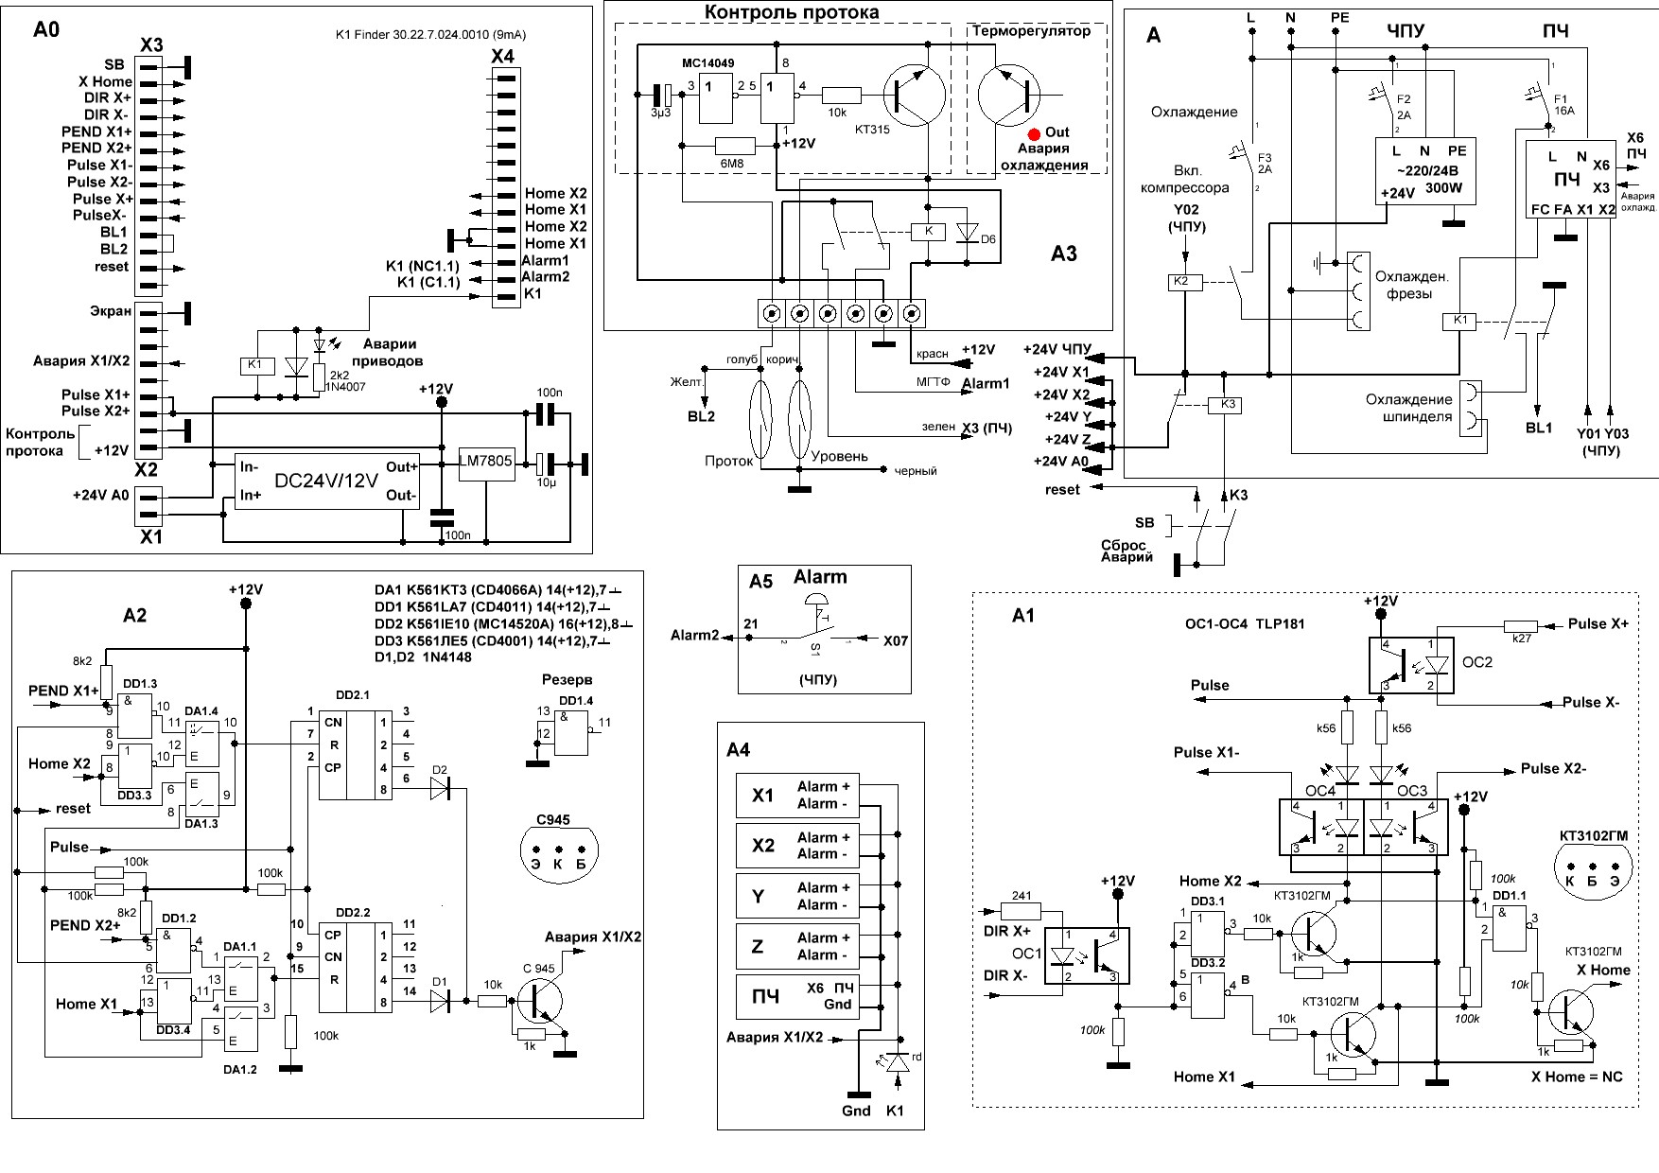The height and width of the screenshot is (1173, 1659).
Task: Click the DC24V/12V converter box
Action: (x=326, y=481)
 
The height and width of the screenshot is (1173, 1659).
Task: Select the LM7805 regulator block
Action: (x=485, y=462)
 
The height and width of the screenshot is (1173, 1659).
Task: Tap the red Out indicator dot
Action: (x=1035, y=133)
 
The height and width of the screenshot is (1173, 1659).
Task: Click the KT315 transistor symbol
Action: (x=914, y=95)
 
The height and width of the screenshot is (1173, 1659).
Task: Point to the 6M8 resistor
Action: (x=735, y=146)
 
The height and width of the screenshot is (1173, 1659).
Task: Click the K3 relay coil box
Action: (x=1228, y=405)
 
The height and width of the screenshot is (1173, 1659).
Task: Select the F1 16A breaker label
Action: (x=1563, y=104)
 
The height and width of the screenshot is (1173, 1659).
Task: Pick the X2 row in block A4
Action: (x=796, y=846)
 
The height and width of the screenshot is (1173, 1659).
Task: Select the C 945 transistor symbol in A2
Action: (x=538, y=1001)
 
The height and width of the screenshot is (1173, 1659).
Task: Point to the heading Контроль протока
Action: (x=792, y=12)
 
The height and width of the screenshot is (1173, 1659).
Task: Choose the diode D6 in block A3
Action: (x=966, y=233)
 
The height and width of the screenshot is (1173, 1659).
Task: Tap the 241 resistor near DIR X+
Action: (x=1022, y=912)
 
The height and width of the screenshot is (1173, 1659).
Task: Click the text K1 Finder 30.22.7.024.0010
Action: (x=430, y=35)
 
